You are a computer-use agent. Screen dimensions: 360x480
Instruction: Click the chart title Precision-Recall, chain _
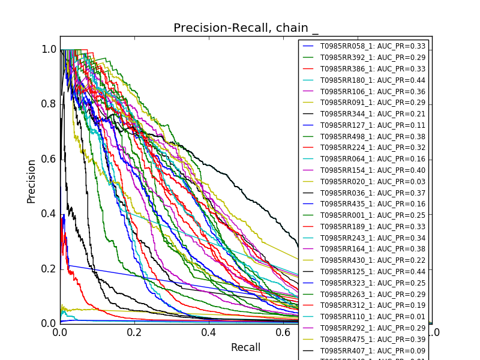click(x=246, y=28)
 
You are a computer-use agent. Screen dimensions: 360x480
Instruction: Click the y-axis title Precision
click(x=32, y=181)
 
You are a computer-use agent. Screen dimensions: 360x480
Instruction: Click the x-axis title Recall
click(x=246, y=347)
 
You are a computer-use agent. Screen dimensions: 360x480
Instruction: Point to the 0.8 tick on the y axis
click(x=49, y=104)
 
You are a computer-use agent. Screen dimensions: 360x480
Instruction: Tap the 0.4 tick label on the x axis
click(x=209, y=332)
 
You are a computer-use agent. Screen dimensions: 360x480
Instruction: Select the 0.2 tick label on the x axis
click(x=134, y=332)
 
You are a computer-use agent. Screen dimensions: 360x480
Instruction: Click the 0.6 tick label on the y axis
click(x=49, y=158)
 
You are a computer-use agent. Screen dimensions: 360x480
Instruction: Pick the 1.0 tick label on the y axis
click(x=49, y=49)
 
